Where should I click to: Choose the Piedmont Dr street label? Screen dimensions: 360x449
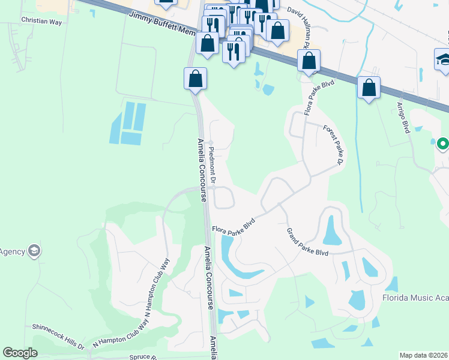coord(212,163)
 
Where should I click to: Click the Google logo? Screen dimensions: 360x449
coord(20,353)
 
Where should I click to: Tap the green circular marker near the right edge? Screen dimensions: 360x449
coord(442,144)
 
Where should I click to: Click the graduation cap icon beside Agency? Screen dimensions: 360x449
coord(34,251)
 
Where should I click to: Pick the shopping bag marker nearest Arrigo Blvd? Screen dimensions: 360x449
coord(369,88)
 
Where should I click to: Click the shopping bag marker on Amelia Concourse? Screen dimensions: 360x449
coord(195,78)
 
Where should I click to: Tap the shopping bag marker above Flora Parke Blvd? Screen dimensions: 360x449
coord(309,61)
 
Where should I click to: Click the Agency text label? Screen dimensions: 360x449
coord(11,251)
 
